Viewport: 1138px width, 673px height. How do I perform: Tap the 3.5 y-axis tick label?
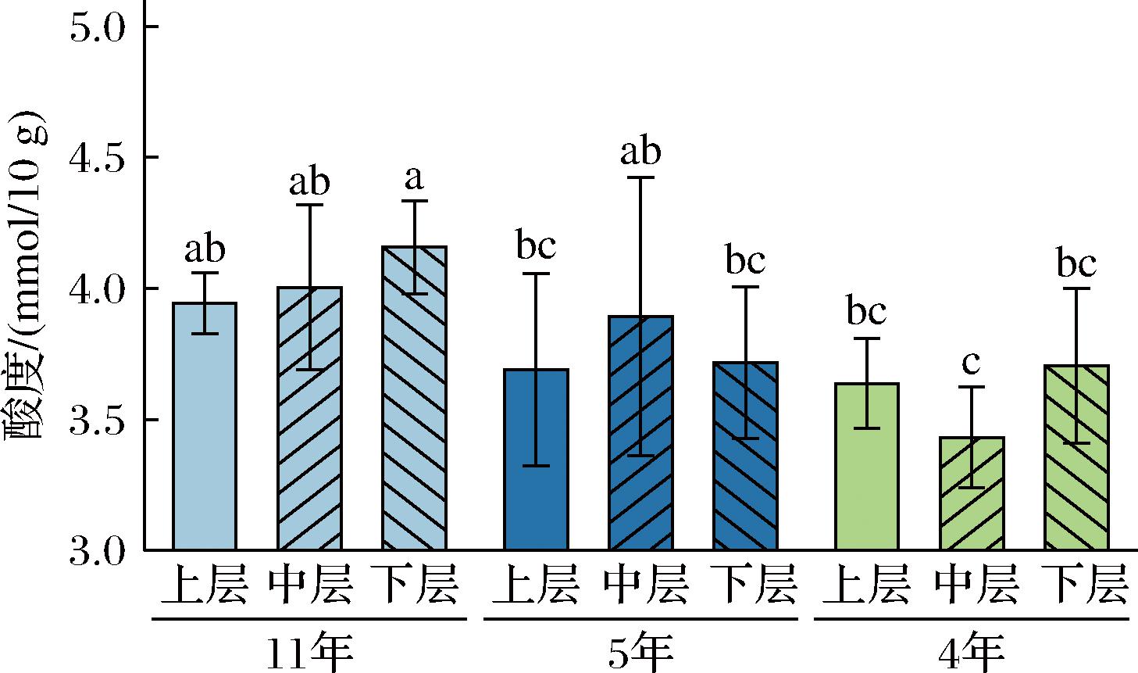97,420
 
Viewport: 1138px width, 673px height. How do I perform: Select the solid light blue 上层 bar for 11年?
205,426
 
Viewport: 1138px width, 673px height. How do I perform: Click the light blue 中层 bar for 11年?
310,418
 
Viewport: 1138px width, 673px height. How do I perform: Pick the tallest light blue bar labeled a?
415,398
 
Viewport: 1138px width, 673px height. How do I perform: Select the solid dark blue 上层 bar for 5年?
536,460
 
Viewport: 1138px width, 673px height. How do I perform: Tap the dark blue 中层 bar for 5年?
641,432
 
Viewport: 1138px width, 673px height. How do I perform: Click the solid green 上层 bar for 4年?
867,467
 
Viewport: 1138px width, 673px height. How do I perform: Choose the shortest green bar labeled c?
972,493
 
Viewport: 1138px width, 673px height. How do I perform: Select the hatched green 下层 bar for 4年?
1076,457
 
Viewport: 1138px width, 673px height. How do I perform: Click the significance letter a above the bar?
415,178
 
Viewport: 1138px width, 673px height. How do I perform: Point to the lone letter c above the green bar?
972,363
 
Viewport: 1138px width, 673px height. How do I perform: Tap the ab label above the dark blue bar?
640,151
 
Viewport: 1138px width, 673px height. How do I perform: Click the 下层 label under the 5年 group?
753,585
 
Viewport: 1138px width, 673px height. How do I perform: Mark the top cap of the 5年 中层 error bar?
640,177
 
